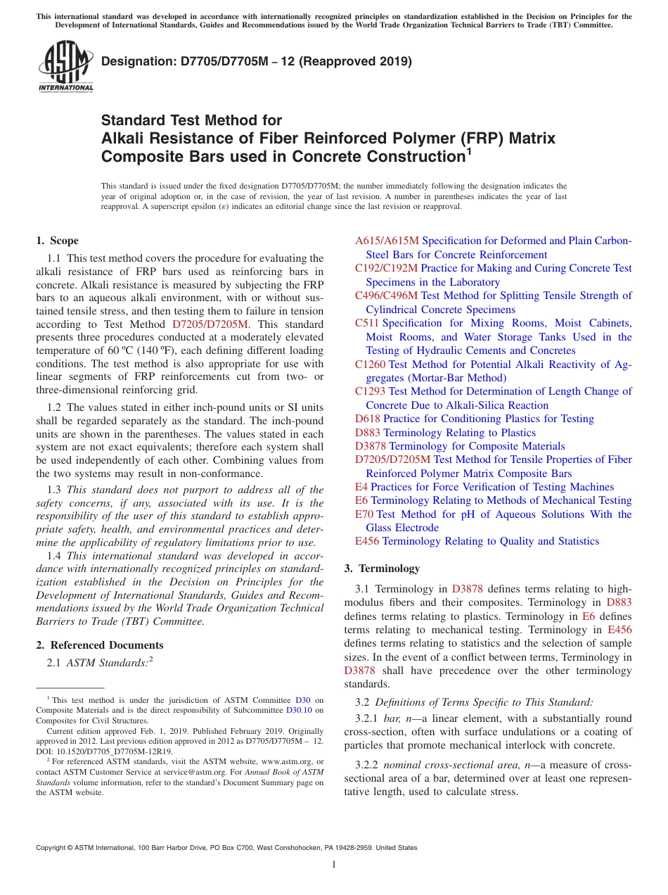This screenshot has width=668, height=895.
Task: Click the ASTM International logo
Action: pyautogui.click(x=65, y=67)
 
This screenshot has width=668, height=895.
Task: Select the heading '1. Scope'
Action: pyautogui.click(x=58, y=241)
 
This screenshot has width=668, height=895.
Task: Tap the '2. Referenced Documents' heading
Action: pyautogui.click(x=100, y=645)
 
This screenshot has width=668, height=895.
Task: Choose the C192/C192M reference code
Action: pyautogui.click(x=386, y=268)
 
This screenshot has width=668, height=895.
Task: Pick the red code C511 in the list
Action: pyautogui.click(x=367, y=323)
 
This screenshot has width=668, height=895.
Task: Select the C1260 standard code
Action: pyautogui.click(x=370, y=364)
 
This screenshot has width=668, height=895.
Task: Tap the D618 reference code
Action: pyautogui.click(x=368, y=419)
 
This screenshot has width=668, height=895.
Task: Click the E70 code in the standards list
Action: pyautogui.click(x=364, y=514)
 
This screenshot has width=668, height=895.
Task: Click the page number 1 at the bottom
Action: pyautogui.click(x=334, y=864)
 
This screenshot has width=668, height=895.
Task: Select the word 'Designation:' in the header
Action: pyautogui.click(x=135, y=62)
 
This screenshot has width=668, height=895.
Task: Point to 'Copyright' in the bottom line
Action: pyautogui.click(x=53, y=848)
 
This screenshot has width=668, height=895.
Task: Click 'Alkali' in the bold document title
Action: pyautogui.click(x=124, y=138)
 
